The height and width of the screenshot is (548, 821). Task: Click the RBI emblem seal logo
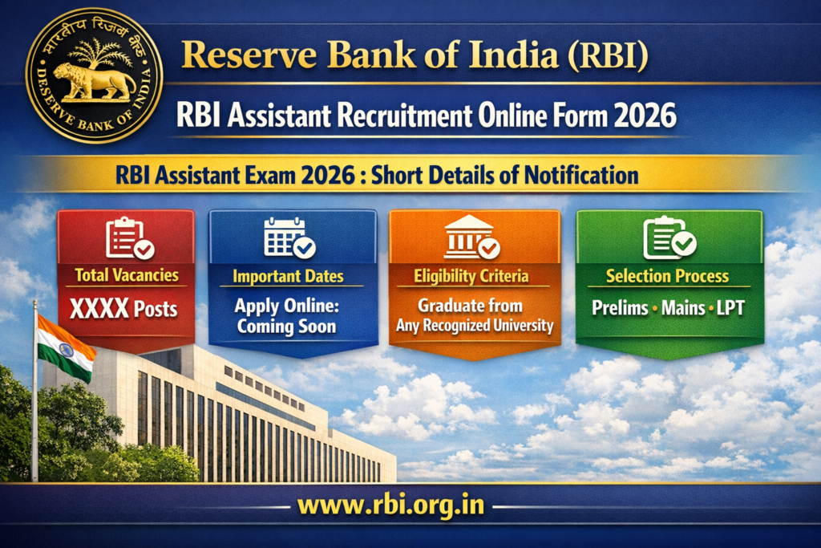[94, 75]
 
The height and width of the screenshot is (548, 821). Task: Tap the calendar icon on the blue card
[289, 237]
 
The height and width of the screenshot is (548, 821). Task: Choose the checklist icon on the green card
[669, 237]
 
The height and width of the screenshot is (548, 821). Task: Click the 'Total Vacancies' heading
[126, 275]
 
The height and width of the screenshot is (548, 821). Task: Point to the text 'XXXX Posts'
[123, 309]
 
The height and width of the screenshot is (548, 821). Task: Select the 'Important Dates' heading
[288, 276]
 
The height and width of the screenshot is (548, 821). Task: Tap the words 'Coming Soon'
[286, 327]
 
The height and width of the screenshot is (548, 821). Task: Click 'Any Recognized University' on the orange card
[475, 326]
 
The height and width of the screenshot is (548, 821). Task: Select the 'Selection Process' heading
[667, 276]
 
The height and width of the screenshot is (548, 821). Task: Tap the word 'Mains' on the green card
[683, 307]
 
